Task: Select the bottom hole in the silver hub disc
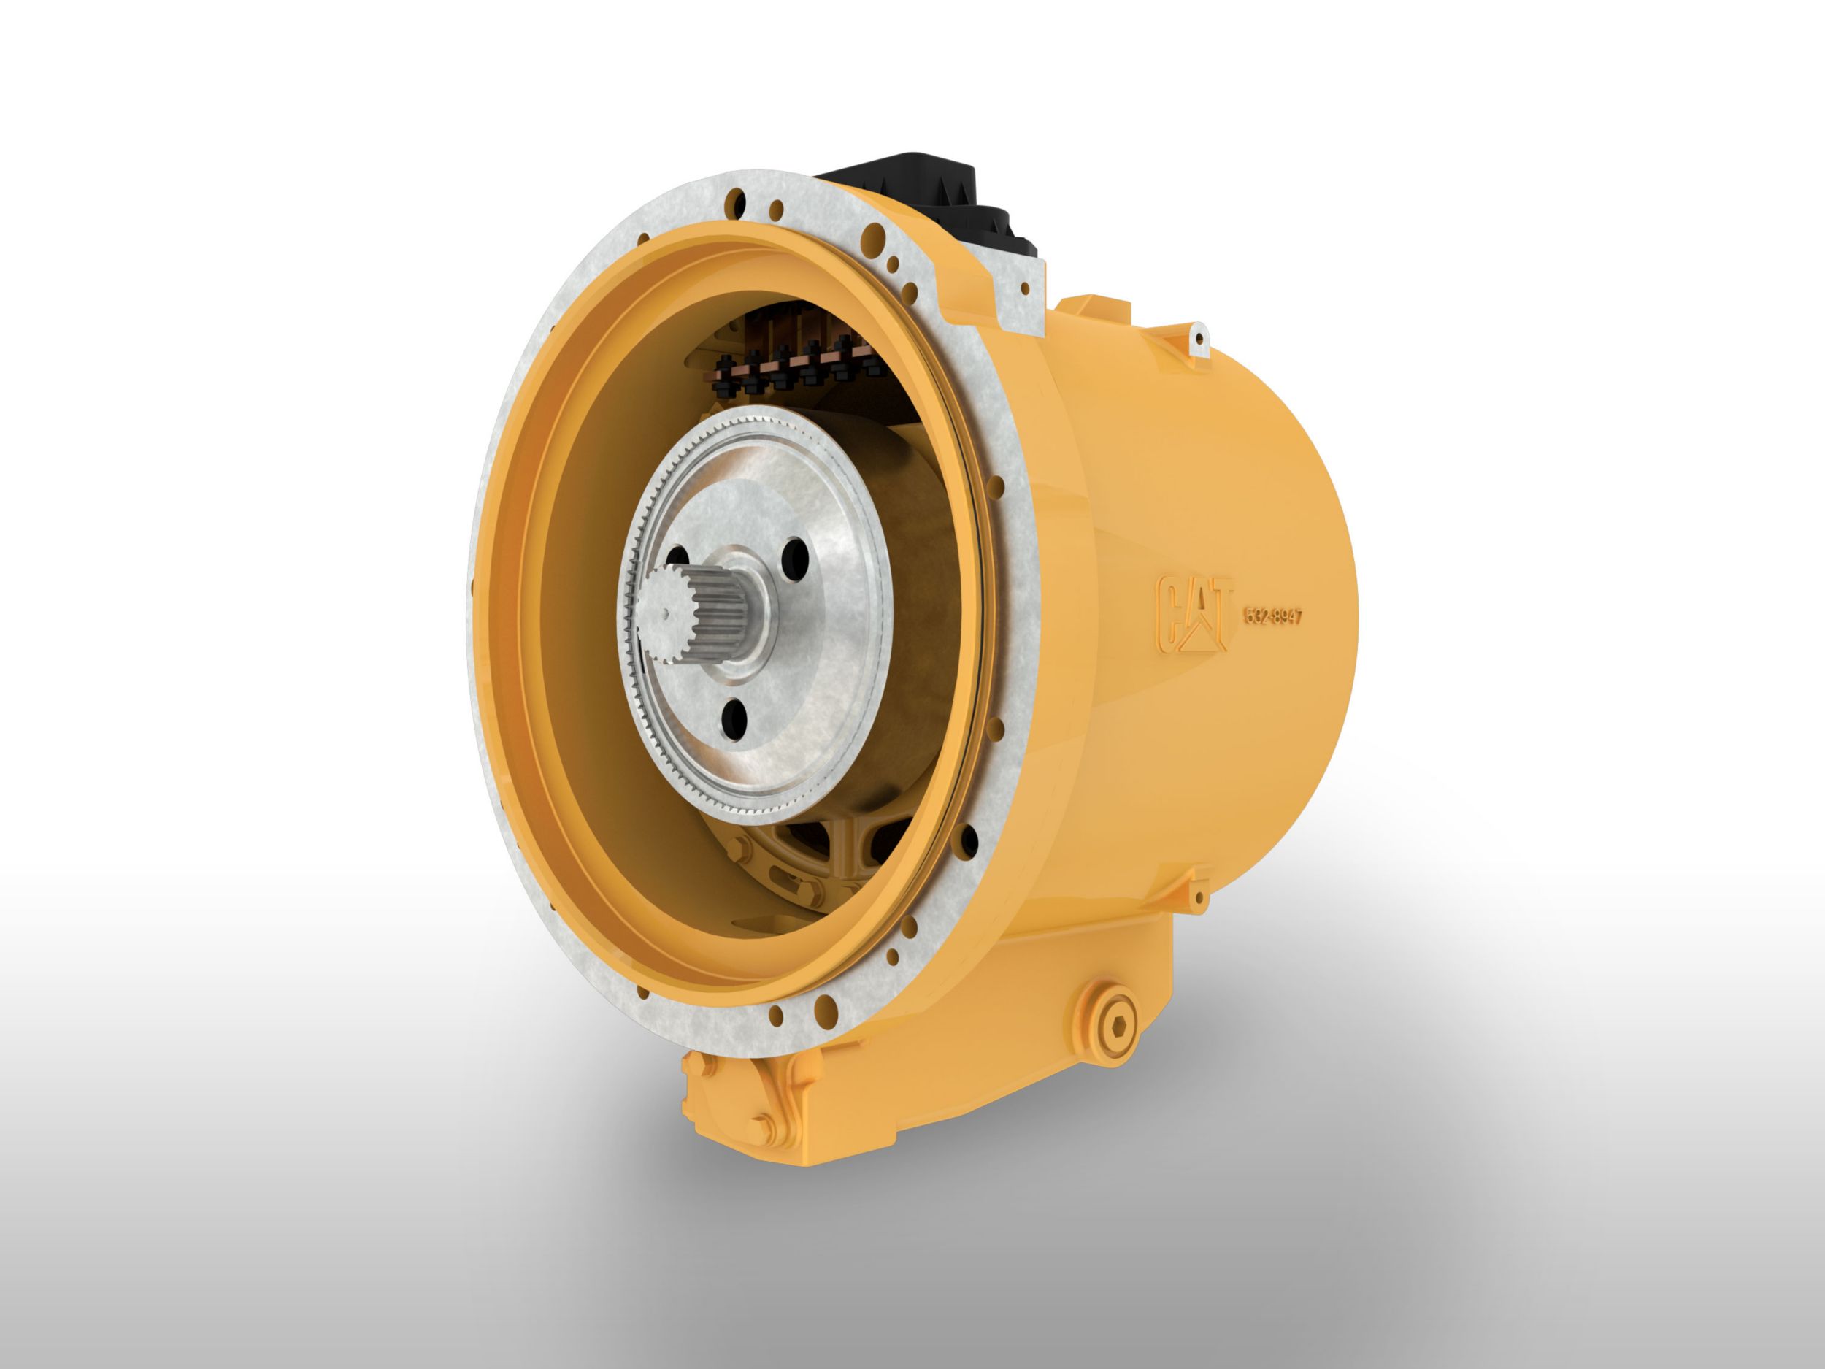733,716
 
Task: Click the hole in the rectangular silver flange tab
1026,289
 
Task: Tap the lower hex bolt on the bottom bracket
760,1126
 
